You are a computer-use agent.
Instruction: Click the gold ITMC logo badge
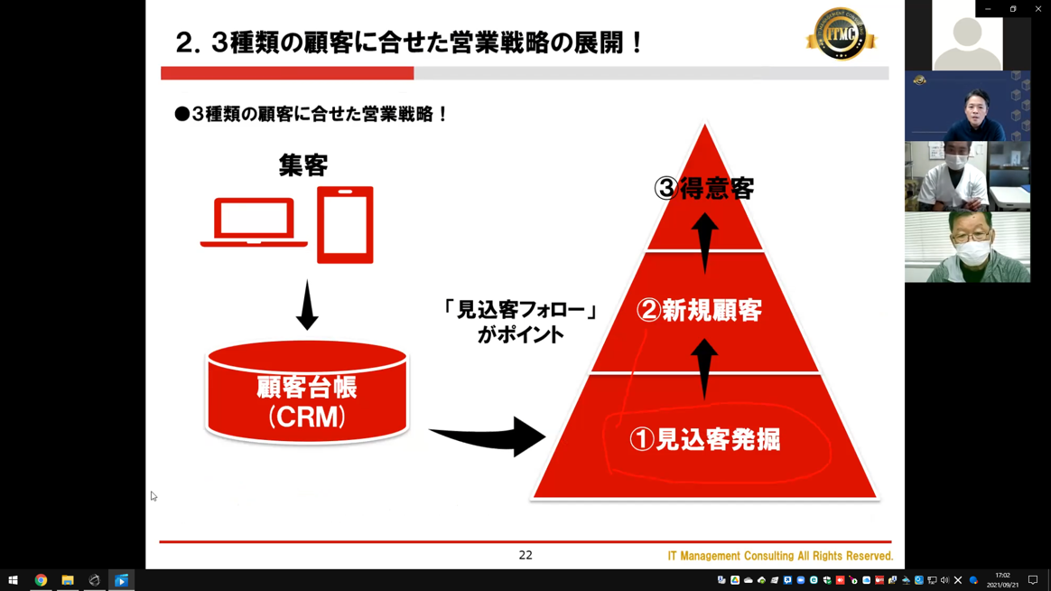841,34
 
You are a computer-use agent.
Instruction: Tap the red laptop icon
254,222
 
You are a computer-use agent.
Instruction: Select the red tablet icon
345,225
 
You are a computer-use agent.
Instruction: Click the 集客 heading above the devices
303,165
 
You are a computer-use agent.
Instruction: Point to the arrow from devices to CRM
307,305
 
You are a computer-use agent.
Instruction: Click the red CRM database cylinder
307,392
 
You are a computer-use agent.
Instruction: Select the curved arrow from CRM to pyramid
488,436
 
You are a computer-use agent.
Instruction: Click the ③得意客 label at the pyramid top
704,189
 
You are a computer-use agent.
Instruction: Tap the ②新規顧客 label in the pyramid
699,311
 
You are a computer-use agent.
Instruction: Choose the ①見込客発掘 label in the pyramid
705,439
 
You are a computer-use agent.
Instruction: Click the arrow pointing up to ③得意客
704,243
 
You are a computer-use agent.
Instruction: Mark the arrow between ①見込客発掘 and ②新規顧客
703,369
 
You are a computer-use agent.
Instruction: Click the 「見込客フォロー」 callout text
519,310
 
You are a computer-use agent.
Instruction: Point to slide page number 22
525,555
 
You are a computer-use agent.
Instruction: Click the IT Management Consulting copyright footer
780,556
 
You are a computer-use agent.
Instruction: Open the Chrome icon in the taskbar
41,580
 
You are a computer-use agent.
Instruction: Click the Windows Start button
13,580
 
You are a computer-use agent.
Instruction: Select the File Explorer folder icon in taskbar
68,580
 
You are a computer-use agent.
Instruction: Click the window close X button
1038,9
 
